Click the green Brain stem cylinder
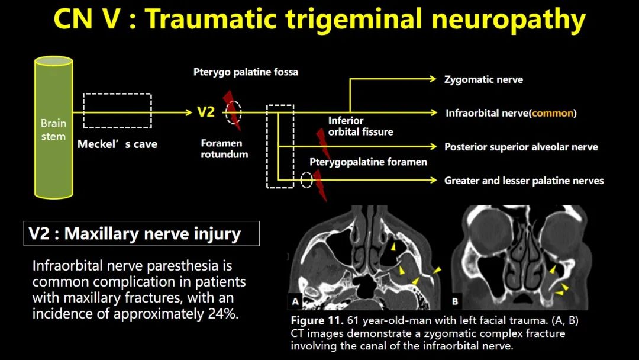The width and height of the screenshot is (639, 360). (x=53, y=127)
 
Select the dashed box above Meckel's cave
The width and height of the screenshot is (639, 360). (x=117, y=94)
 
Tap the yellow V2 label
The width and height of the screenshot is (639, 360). (x=206, y=112)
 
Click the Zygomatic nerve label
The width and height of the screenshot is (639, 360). (x=483, y=79)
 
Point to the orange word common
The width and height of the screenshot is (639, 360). (x=553, y=113)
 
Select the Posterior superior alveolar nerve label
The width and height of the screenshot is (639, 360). (x=521, y=147)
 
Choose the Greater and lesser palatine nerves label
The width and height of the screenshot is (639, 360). (x=524, y=181)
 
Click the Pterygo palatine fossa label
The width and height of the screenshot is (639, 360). (x=246, y=72)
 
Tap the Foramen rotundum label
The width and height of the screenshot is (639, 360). (x=224, y=149)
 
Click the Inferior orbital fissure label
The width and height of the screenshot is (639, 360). (x=361, y=126)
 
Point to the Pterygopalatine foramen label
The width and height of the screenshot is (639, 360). (x=368, y=162)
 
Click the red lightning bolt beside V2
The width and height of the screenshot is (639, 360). (x=232, y=110)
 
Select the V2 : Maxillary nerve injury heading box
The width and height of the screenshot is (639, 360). (x=141, y=234)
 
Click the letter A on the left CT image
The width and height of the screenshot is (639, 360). (x=295, y=301)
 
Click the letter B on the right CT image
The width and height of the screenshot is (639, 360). (x=455, y=301)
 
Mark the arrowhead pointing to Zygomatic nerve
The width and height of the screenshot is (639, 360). (x=433, y=79)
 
